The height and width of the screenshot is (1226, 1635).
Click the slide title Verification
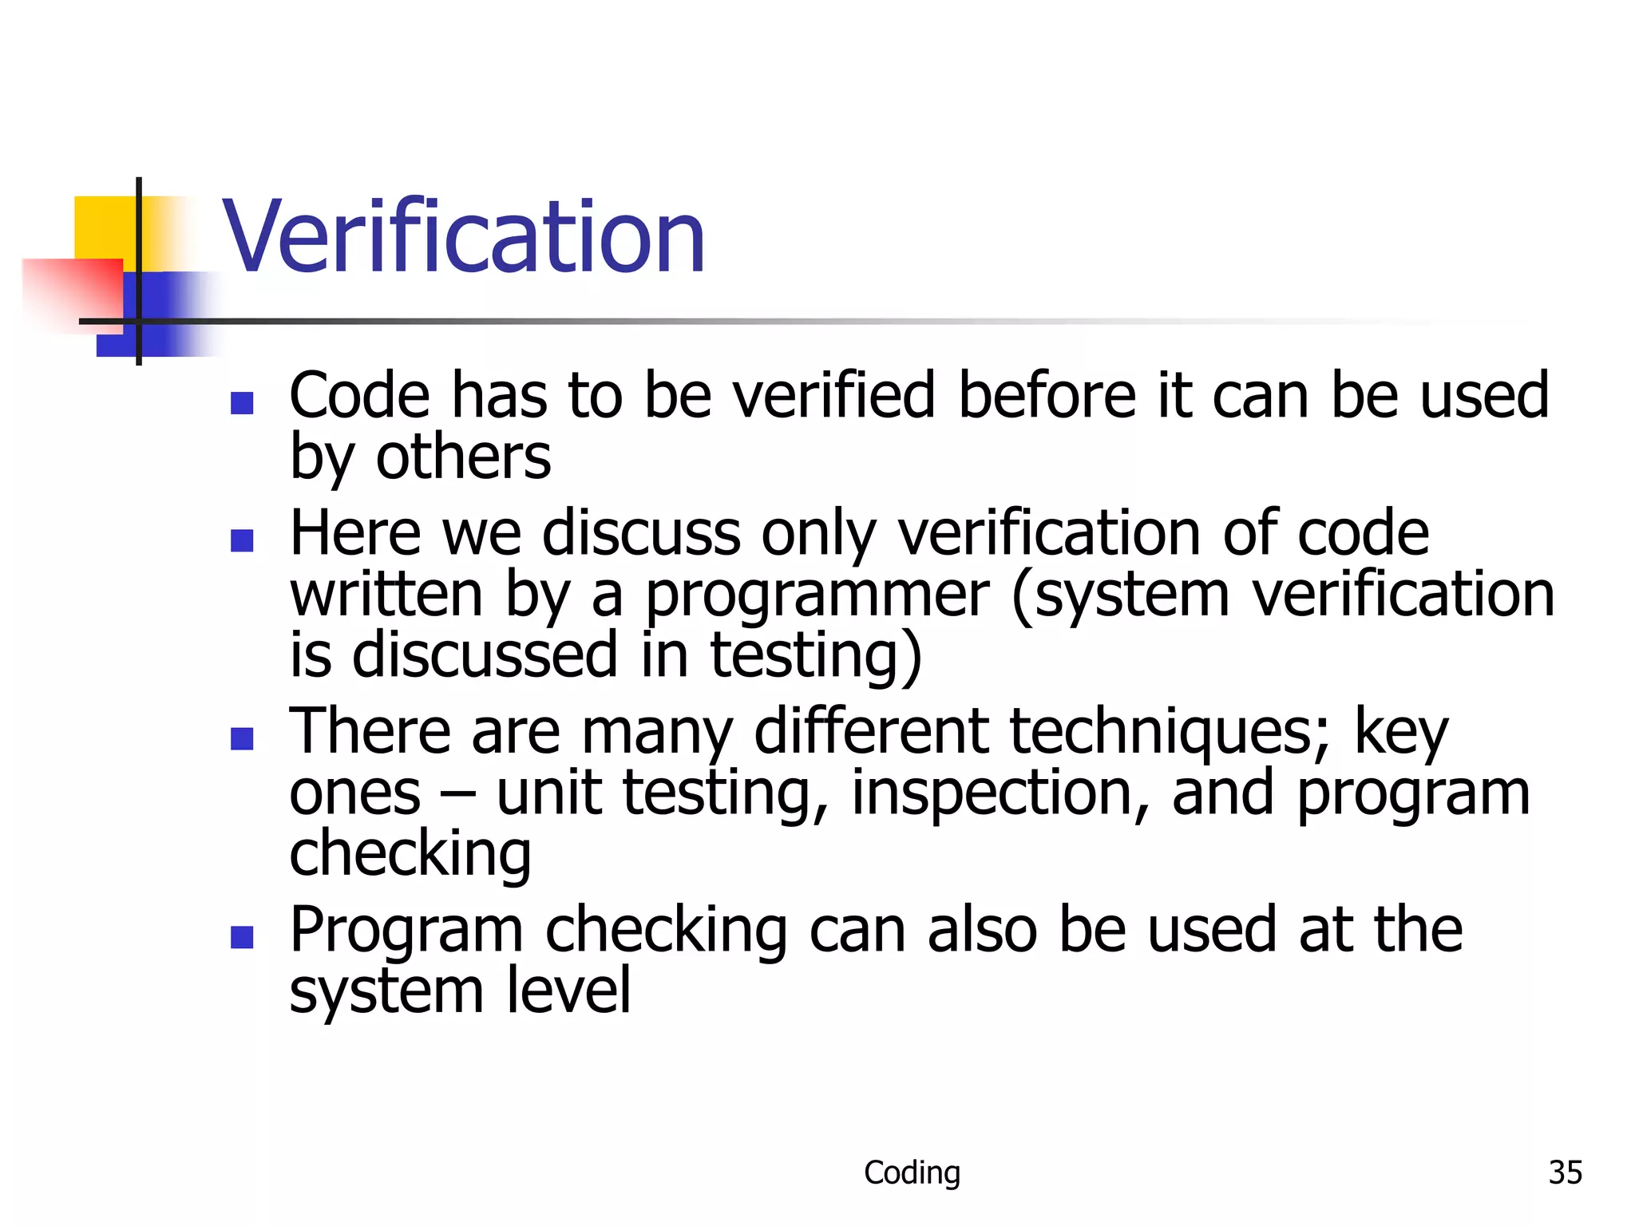click(463, 237)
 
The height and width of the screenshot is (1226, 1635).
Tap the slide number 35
click(1565, 1173)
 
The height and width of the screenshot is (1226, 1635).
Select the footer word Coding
click(912, 1173)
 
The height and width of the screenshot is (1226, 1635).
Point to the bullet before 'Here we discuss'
click(242, 540)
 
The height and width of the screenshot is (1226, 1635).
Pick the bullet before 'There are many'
click(242, 738)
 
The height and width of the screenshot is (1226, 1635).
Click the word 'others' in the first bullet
click(463, 458)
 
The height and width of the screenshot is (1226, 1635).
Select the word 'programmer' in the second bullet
click(817, 596)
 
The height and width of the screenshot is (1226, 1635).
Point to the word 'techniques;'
click(1170, 732)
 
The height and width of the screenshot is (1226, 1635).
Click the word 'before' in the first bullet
click(1047, 396)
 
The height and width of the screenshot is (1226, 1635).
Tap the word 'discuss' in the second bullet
click(641, 534)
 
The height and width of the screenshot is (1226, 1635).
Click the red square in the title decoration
click(72, 291)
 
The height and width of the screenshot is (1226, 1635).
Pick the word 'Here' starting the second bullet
click(354, 534)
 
